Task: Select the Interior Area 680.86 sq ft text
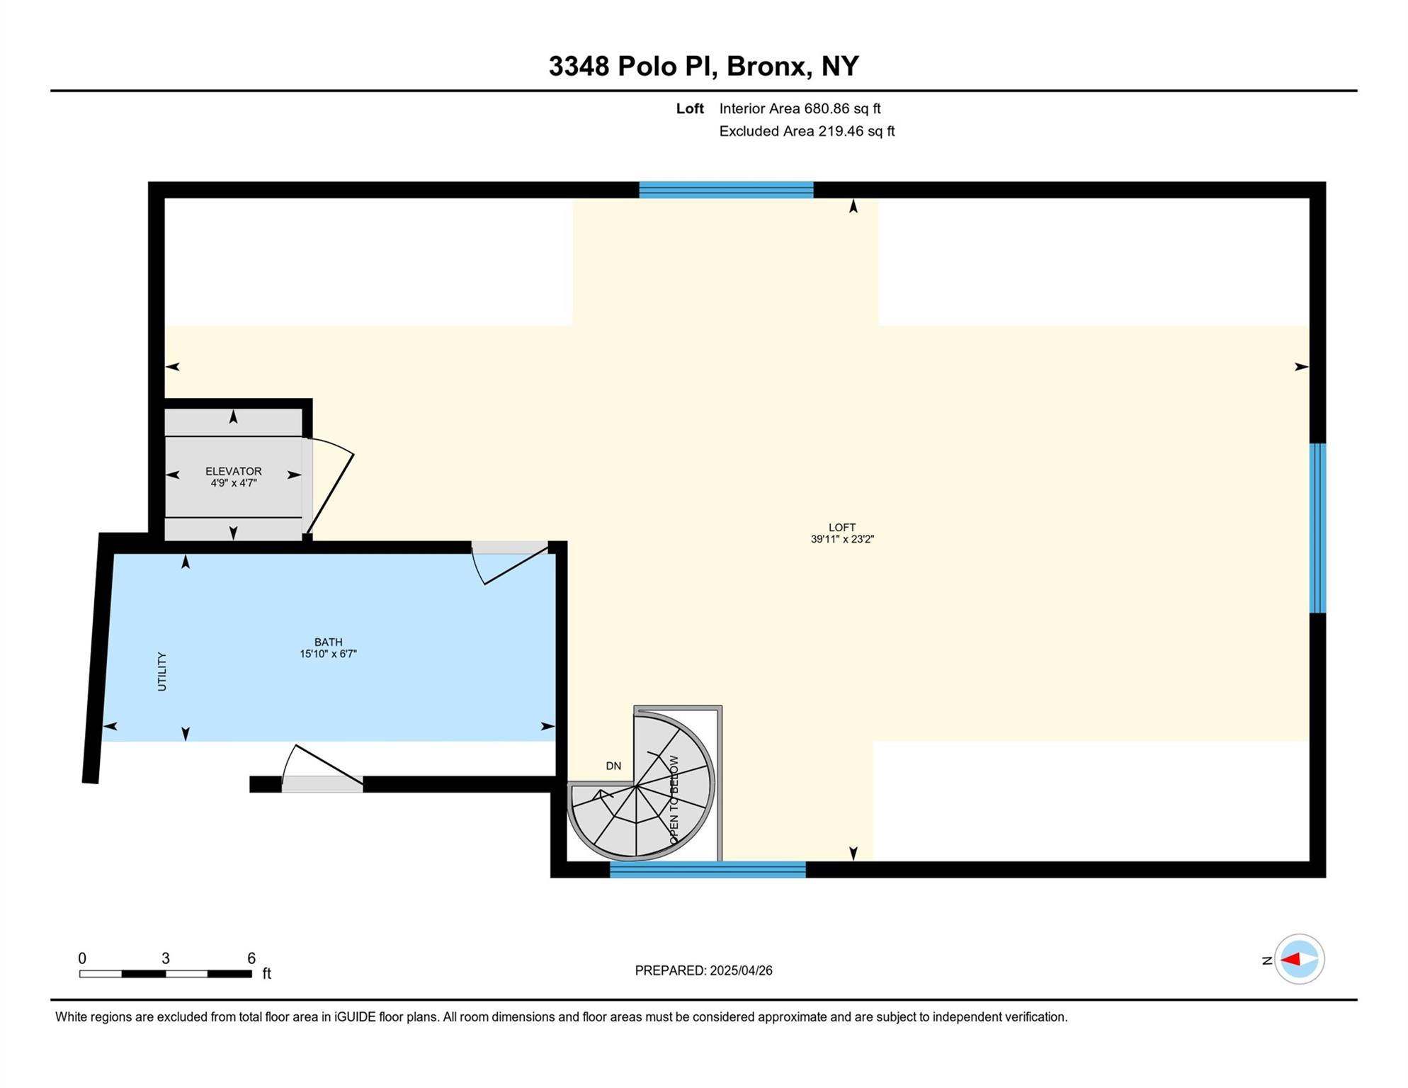click(x=800, y=108)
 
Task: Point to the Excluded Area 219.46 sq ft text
click(x=807, y=131)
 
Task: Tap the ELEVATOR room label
click(x=233, y=471)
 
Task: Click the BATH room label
click(x=328, y=642)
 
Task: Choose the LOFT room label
click(x=842, y=528)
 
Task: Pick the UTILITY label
click(x=162, y=671)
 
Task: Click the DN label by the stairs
click(x=613, y=766)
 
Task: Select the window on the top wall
click(x=726, y=190)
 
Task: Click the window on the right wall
click(x=1317, y=528)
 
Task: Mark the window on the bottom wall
click(x=708, y=870)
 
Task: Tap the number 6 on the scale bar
click(x=251, y=958)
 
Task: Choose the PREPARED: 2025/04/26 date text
click(x=703, y=970)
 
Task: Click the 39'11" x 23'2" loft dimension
click(x=842, y=539)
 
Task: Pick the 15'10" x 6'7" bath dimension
click(x=328, y=654)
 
